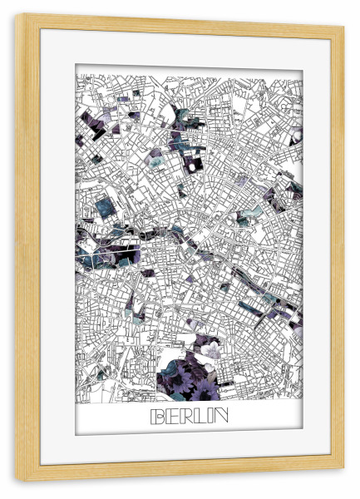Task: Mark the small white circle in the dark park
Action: click(x=190, y=166)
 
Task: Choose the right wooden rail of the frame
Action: click(x=338, y=249)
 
